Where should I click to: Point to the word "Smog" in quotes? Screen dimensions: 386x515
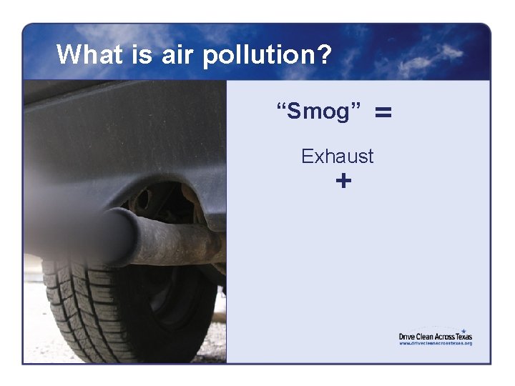click(324, 112)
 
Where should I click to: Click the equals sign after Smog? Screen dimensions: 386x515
click(383, 112)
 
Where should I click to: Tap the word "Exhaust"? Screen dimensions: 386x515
click(337, 156)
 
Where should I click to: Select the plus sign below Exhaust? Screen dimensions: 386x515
click(343, 182)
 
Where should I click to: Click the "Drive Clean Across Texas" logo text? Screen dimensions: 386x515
click(435, 336)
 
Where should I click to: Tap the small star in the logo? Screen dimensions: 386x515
click(463, 330)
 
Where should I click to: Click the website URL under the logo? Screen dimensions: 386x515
click(435, 344)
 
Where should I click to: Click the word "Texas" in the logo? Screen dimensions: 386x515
click(462, 336)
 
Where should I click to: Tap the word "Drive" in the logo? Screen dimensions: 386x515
click(407, 336)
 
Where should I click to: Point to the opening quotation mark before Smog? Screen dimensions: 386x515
click(281, 107)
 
